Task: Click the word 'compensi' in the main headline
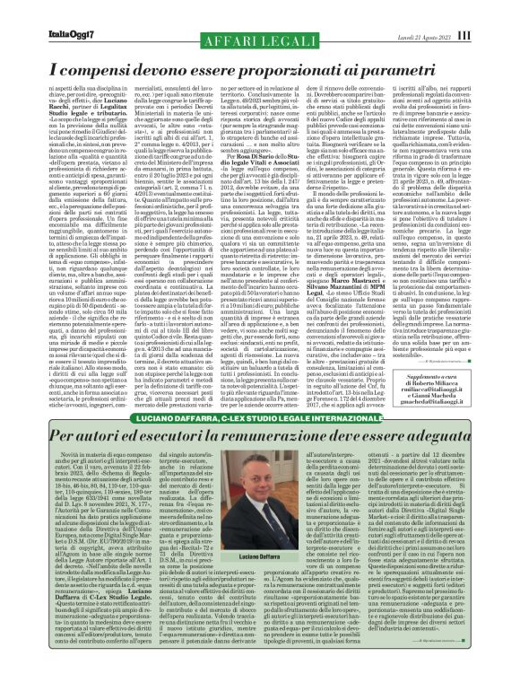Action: click(x=82, y=42)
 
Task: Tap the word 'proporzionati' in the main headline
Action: click(x=318, y=42)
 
